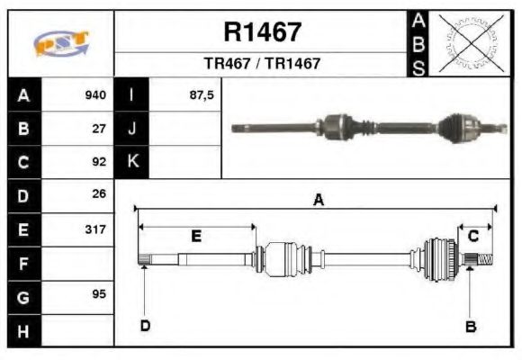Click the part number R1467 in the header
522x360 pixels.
tap(262, 32)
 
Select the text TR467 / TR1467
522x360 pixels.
tap(262, 64)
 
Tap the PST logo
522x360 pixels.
tap(60, 43)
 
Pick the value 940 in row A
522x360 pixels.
tap(95, 95)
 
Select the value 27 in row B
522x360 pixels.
tap(99, 129)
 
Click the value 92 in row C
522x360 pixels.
tap(99, 163)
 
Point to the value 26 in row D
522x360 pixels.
tap(99, 194)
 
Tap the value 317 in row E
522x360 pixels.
tap(95, 229)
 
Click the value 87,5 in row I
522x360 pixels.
tap(202, 95)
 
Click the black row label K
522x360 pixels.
tap(131, 163)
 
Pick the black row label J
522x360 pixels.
tap(131, 129)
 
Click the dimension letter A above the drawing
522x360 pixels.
tap(318, 202)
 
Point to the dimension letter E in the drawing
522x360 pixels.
tap(195, 236)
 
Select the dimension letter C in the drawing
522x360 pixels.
tap(472, 236)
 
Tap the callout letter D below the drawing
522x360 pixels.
tap(144, 326)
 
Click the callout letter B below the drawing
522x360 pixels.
tap(470, 327)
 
